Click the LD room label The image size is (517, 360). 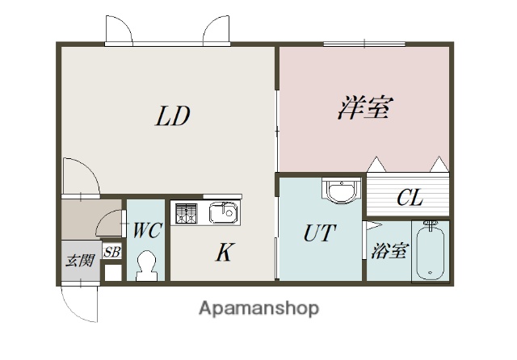point(172,117)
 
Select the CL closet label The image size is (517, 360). point(409,198)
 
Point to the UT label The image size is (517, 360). point(320,234)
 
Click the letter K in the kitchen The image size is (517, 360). point(224,253)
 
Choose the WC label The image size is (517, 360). point(147,231)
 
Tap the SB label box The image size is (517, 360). point(112,252)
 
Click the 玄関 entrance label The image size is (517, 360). point(80,261)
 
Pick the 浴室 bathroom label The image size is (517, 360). point(389,252)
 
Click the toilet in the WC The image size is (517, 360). point(147,264)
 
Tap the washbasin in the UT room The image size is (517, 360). point(337,192)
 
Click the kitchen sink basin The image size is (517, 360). point(222,213)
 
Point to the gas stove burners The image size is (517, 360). point(187,213)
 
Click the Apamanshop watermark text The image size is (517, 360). point(258,308)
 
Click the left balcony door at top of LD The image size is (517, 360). point(119,31)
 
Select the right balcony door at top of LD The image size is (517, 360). point(217,31)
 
